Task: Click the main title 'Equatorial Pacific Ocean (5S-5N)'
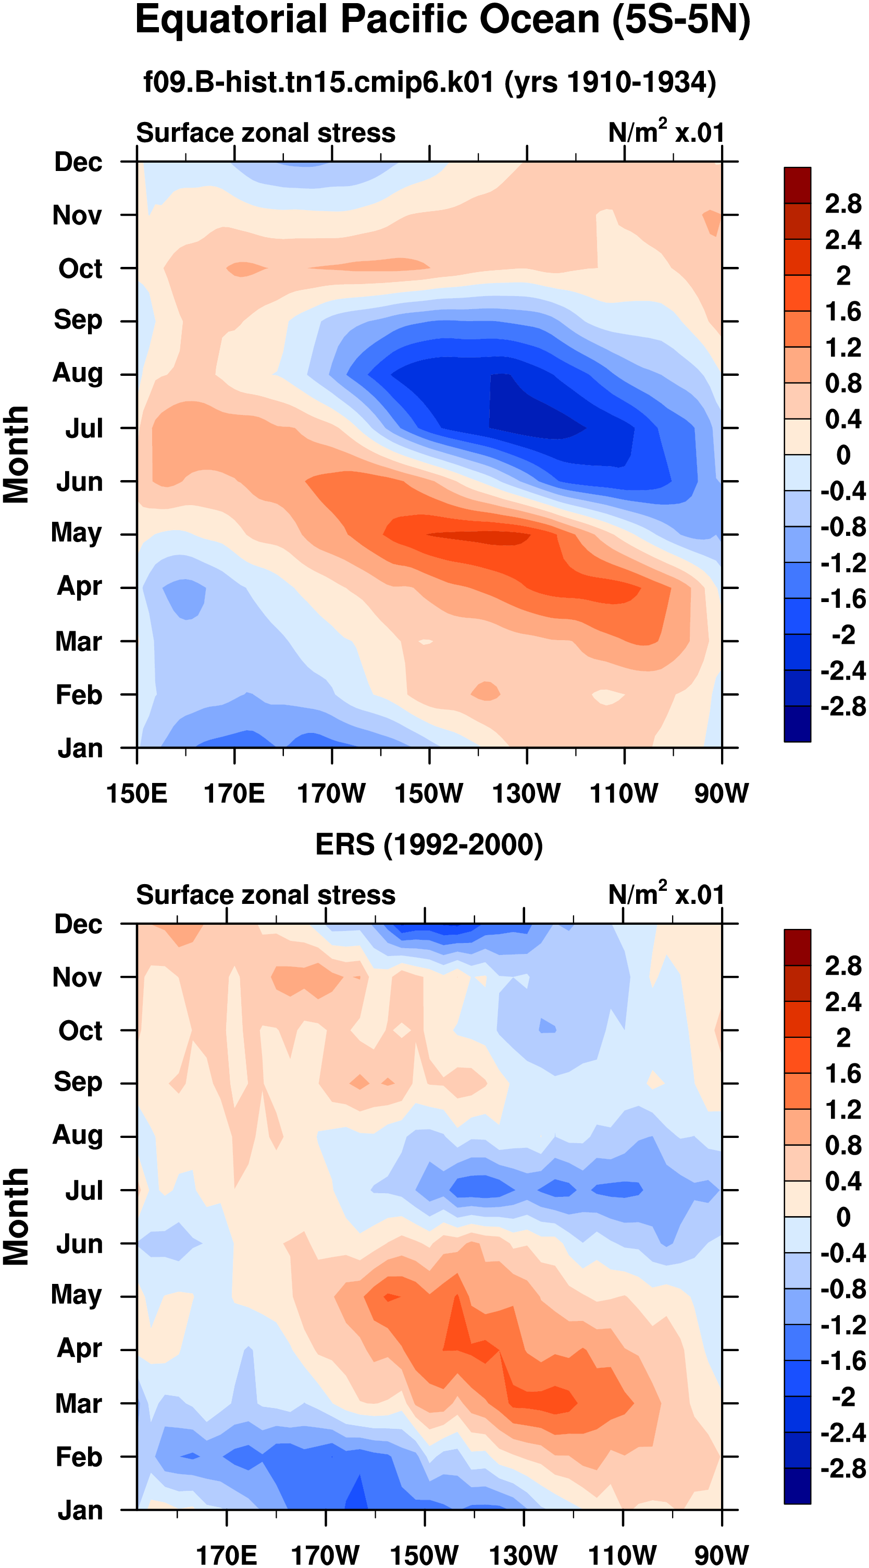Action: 442,21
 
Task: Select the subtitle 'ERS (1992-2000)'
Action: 429,845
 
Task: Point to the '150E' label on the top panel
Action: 137,793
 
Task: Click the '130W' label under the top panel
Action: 526,793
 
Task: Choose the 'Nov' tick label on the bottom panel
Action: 77,977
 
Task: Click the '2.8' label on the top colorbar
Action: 843,204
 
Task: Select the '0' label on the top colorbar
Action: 843,455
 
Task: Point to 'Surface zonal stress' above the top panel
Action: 265,133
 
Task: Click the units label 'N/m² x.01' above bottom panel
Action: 666,893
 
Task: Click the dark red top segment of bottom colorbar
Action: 797,947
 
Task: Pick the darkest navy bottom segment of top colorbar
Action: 797,724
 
